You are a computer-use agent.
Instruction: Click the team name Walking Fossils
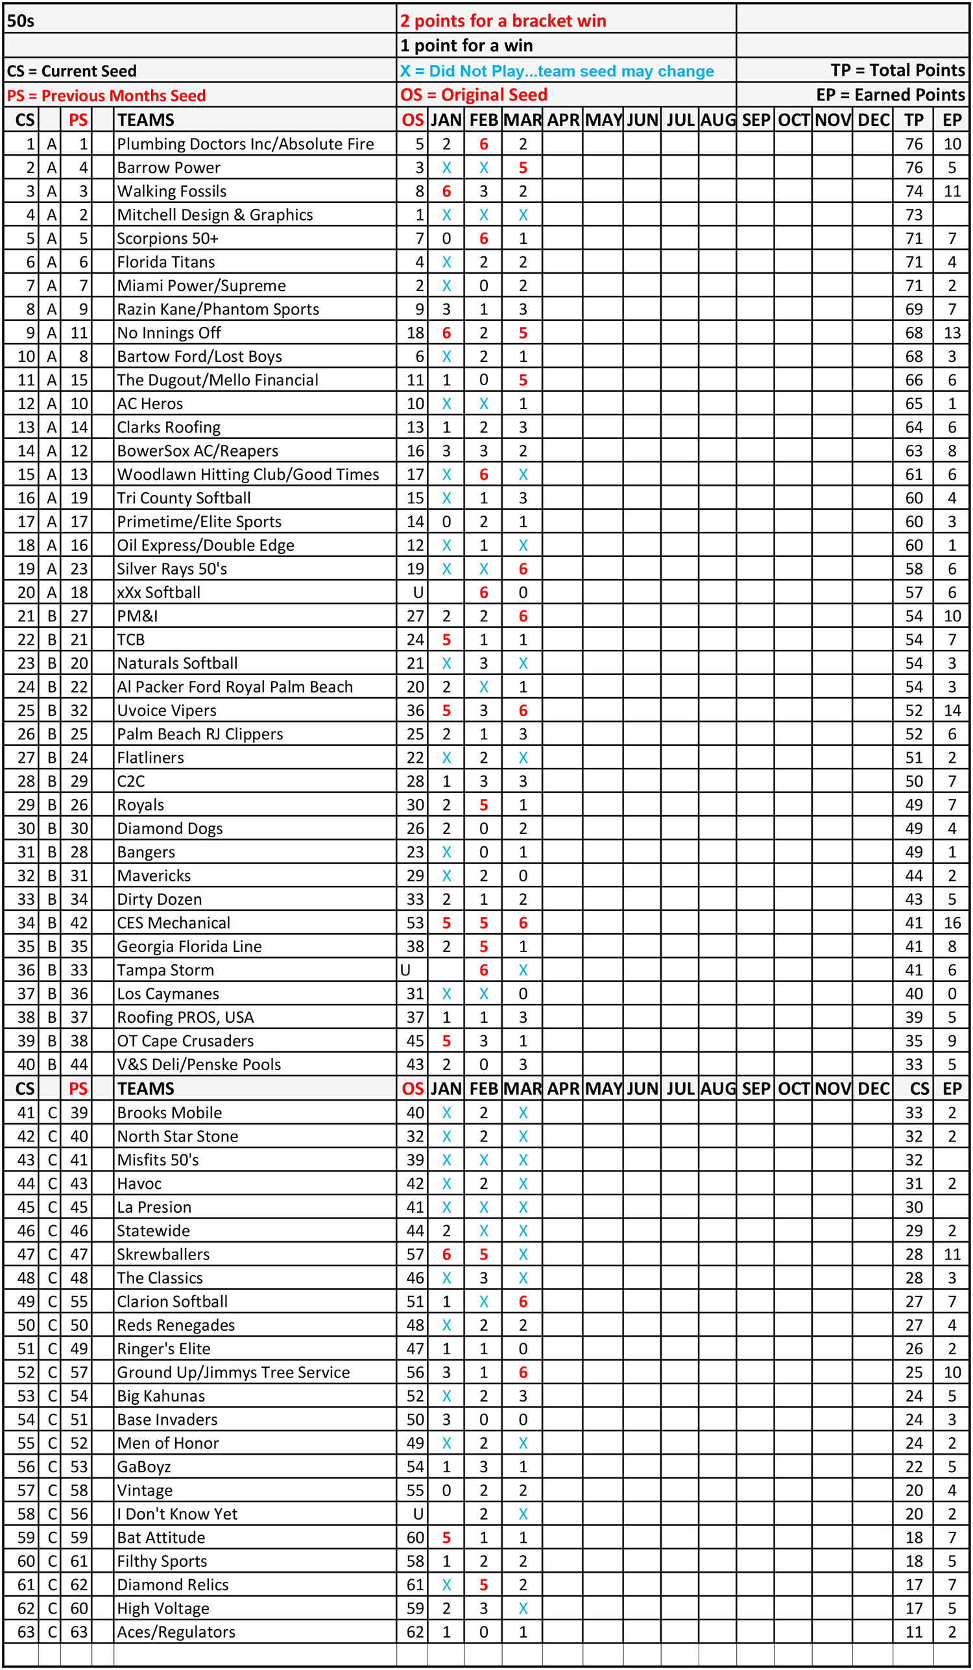point(172,191)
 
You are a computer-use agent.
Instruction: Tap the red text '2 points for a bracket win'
point(503,21)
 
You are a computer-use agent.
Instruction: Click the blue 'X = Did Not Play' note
point(557,71)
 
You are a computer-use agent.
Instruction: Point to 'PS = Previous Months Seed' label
point(106,95)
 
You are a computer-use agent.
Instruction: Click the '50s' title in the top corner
point(21,21)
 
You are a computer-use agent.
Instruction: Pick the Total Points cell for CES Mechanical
point(914,922)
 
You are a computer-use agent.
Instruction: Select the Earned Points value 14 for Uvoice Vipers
point(952,710)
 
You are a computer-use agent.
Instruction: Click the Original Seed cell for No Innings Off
point(415,333)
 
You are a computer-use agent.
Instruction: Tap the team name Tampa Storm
point(165,970)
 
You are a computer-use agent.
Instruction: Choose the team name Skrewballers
point(163,1254)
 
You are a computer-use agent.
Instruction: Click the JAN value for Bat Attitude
point(446,1537)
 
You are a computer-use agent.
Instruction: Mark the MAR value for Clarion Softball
point(523,1301)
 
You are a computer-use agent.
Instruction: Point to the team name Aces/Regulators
point(176,1632)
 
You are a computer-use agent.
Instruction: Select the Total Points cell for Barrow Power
point(914,168)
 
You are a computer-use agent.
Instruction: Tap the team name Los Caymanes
point(168,994)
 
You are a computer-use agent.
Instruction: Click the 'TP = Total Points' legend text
point(898,70)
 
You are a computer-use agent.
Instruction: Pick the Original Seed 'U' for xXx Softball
point(418,593)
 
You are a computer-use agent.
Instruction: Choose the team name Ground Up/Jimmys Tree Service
point(234,1372)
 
